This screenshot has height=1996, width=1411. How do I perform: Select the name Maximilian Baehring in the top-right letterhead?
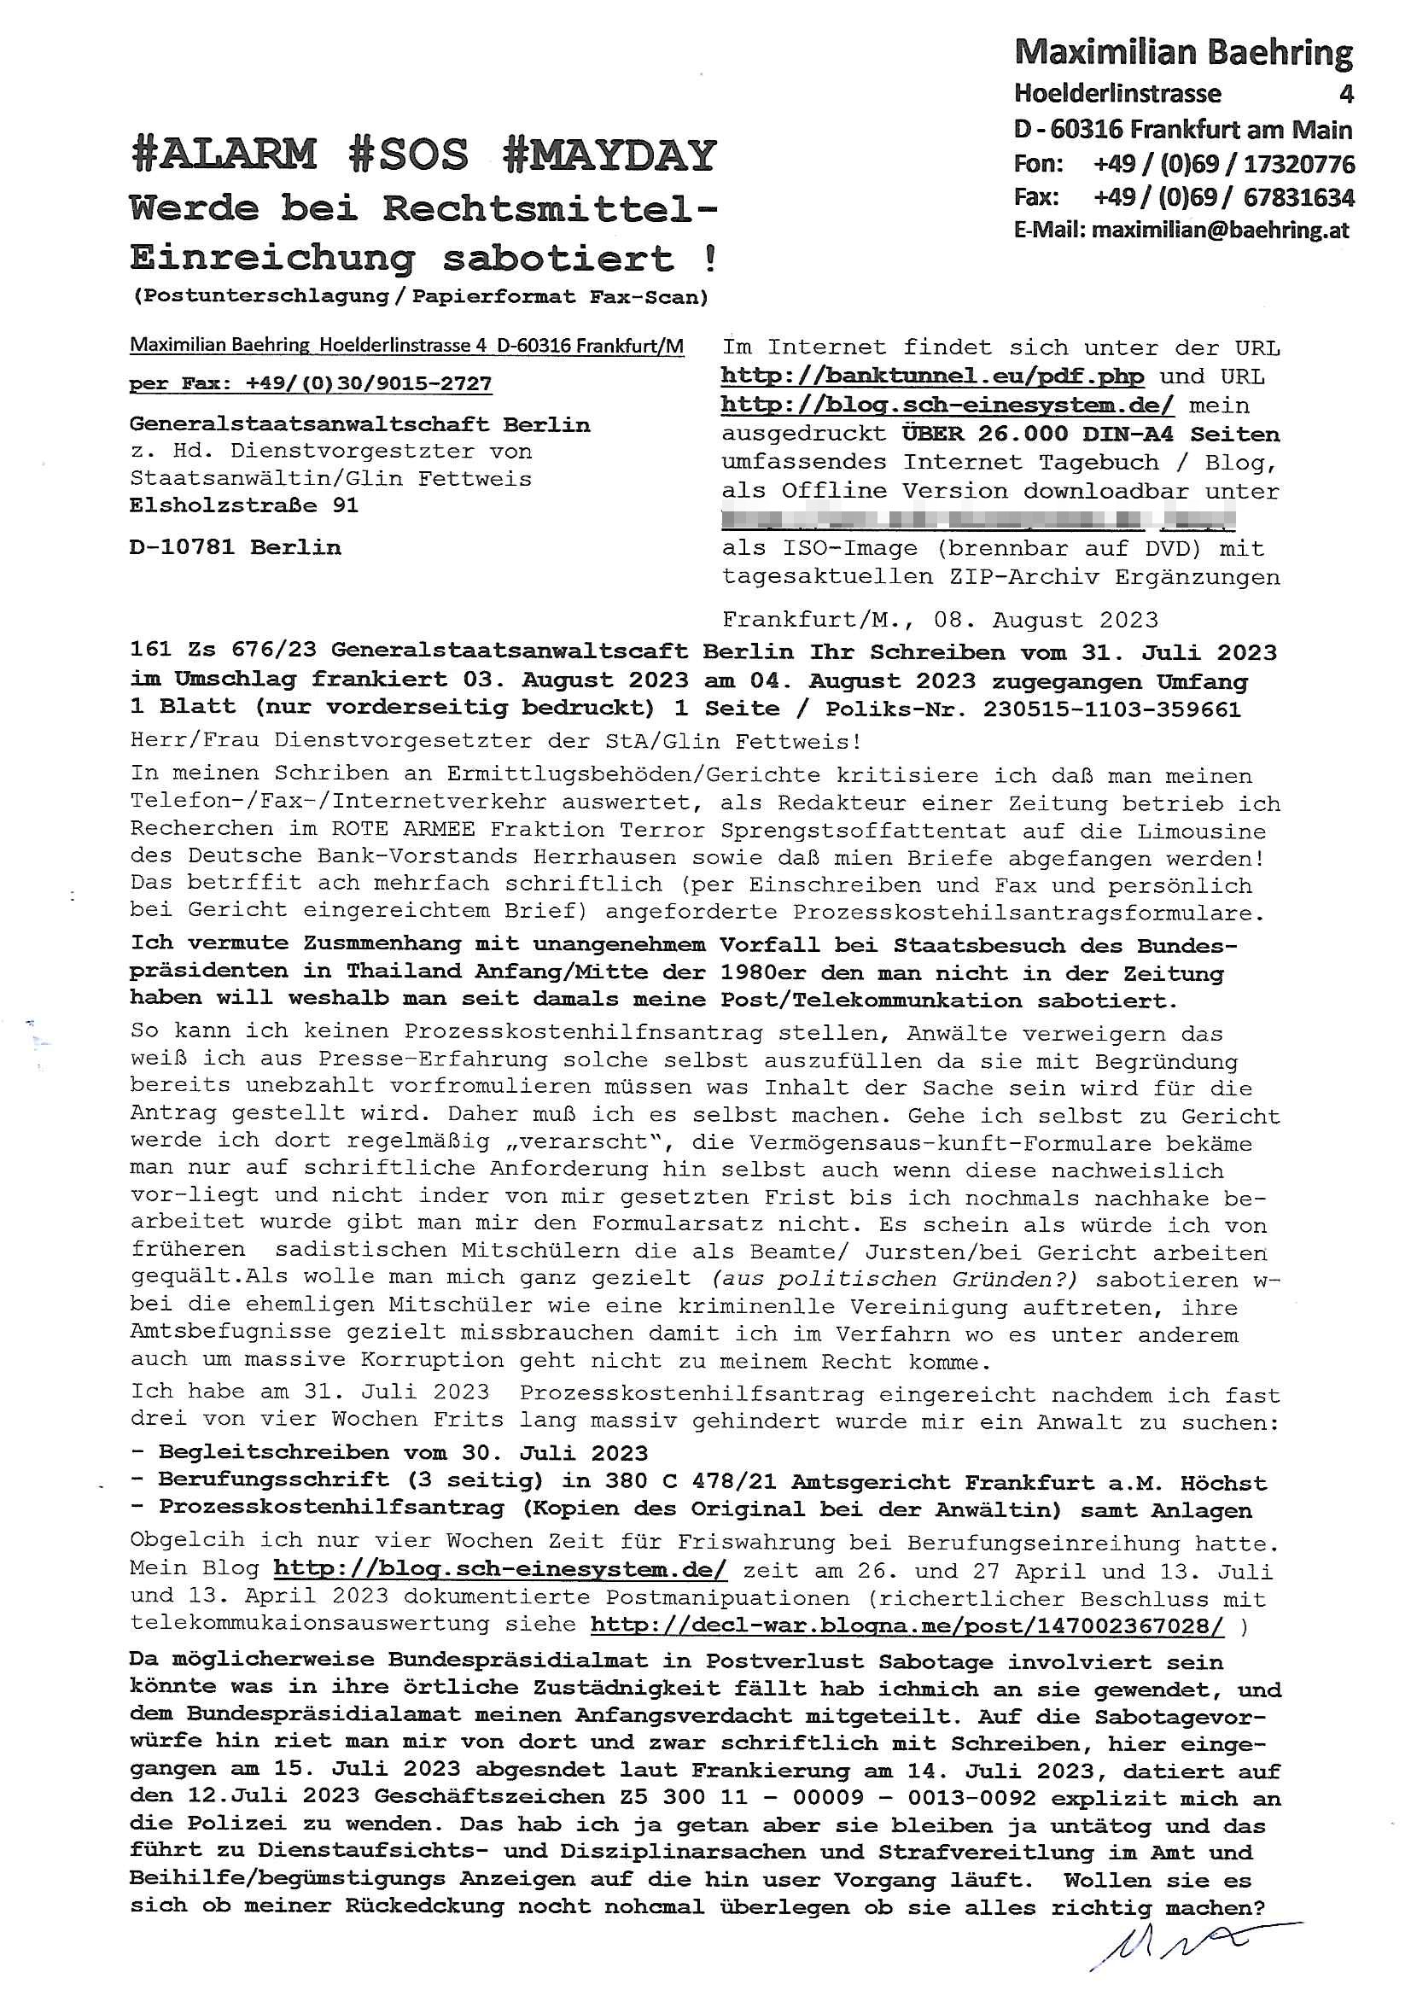tap(1183, 54)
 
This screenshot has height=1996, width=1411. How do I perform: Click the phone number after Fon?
tap(1224, 164)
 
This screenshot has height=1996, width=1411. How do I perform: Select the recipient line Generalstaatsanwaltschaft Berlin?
tap(360, 425)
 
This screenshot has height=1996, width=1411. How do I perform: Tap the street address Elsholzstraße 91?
tap(244, 506)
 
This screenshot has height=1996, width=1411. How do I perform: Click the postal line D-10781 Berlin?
tap(235, 548)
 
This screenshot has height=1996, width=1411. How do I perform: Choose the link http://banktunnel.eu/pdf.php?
tap(933, 377)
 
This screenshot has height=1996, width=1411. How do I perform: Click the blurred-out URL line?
tap(978, 520)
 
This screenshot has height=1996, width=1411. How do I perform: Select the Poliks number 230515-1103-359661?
tap(1112, 709)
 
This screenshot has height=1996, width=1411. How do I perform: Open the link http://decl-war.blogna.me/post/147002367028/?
tap(907, 1624)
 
